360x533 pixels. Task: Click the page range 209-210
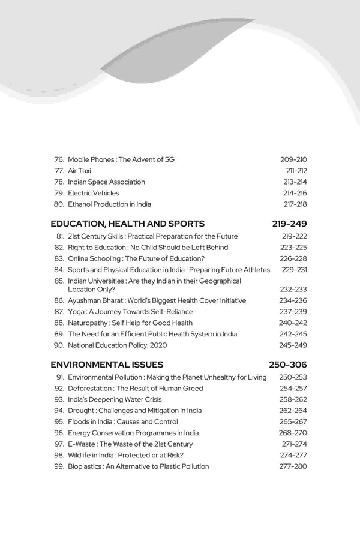pyautogui.click(x=293, y=159)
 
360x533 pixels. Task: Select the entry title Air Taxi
pyautogui.click(x=79, y=171)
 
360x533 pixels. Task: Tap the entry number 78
pyautogui.click(x=59, y=182)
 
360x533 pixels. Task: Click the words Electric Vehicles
pyautogui.click(x=94, y=193)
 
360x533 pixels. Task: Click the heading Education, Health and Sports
pyautogui.click(x=127, y=224)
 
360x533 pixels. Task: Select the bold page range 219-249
pyautogui.click(x=289, y=224)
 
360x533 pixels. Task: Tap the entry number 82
pyautogui.click(x=59, y=248)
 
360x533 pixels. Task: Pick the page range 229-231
pyautogui.click(x=293, y=270)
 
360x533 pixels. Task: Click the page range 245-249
pyautogui.click(x=293, y=345)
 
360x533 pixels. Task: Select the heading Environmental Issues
pyautogui.click(x=107, y=364)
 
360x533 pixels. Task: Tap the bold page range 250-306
pyautogui.click(x=289, y=364)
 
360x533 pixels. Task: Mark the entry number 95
pyautogui.click(x=59, y=421)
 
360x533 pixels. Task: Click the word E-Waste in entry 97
pyautogui.click(x=82, y=444)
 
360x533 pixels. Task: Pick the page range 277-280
pyautogui.click(x=293, y=466)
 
